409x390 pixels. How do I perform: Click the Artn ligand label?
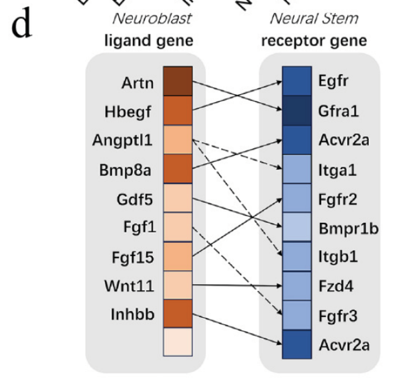(x=137, y=83)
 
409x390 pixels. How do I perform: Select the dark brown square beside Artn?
(x=178, y=81)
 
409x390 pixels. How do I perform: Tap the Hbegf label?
(x=128, y=112)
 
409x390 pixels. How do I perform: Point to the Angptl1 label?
(x=122, y=141)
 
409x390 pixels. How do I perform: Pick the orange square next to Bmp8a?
(x=178, y=169)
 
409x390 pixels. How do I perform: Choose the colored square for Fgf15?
(x=178, y=256)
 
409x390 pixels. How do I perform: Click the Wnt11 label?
(x=129, y=286)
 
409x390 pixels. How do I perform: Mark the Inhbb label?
(x=133, y=314)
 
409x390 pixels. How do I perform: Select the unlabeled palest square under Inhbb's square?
(x=178, y=342)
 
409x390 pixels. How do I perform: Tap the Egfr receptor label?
(x=333, y=81)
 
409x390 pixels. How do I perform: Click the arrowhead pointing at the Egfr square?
(x=279, y=82)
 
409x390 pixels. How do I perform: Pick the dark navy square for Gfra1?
(x=297, y=111)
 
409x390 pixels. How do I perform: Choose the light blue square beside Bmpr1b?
(x=297, y=227)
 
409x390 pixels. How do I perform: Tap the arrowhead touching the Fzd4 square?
(x=279, y=286)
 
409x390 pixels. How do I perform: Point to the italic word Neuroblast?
(x=152, y=18)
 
